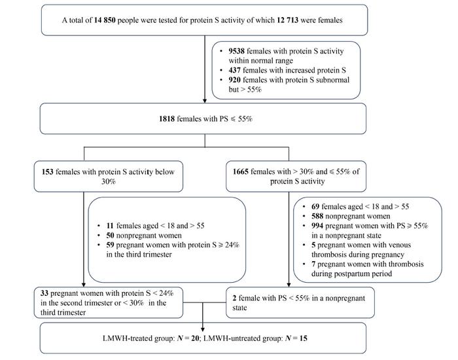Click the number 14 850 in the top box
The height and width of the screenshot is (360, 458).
(105, 20)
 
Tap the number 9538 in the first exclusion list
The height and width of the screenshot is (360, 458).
(237, 51)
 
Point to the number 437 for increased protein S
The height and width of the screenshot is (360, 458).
(234, 71)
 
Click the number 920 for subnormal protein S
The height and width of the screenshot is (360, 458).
(234, 80)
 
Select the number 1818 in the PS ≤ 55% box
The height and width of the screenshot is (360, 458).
(167, 118)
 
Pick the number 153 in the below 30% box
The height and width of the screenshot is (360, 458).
(48, 171)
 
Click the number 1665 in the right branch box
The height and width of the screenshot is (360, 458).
(240, 171)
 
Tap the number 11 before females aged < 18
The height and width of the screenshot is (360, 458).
(110, 226)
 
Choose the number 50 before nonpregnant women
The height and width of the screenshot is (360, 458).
(110, 235)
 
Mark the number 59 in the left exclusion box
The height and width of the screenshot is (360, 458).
(110, 245)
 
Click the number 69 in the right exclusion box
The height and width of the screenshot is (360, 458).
(315, 207)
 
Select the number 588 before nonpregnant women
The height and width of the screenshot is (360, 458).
(317, 216)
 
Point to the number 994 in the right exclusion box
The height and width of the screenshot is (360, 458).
(317, 226)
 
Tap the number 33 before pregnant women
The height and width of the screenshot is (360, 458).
(44, 293)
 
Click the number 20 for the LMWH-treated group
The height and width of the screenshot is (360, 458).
(195, 338)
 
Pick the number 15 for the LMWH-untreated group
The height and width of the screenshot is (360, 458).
(303, 338)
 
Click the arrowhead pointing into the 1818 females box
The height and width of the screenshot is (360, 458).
(205, 101)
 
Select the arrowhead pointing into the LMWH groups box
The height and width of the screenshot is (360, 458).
(203, 329)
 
